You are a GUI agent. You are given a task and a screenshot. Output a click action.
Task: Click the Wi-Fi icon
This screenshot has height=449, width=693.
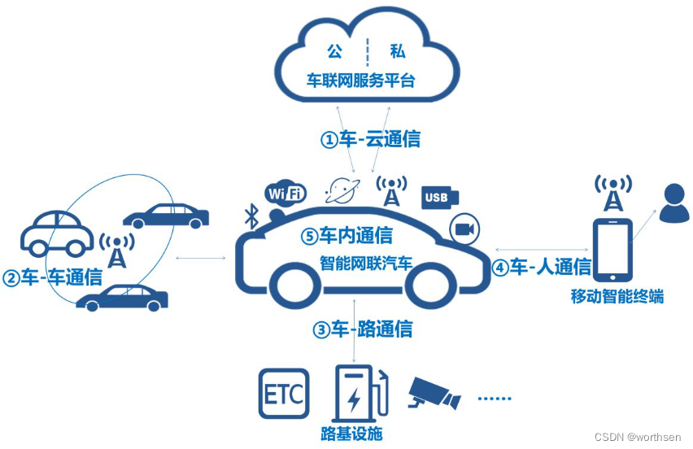(x=285, y=194)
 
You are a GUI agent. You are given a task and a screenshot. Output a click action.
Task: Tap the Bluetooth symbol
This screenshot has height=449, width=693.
(x=252, y=216)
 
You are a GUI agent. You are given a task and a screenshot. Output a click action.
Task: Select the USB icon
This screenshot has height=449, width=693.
(x=439, y=198)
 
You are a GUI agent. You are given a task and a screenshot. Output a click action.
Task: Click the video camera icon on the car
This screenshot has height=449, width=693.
(x=464, y=229)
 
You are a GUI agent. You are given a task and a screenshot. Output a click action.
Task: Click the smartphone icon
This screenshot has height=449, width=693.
(x=612, y=250)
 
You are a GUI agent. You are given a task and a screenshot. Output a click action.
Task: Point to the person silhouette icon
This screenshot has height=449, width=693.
(x=673, y=203)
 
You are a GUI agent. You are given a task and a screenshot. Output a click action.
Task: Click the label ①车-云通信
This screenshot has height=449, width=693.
(x=370, y=139)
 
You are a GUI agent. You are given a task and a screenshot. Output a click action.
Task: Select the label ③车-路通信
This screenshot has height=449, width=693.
(x=362, y=329)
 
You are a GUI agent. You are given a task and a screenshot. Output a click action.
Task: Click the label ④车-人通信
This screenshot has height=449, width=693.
(x=541, y=266)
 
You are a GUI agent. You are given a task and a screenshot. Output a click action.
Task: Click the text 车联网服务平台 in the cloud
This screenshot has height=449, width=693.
(x=360, y=81)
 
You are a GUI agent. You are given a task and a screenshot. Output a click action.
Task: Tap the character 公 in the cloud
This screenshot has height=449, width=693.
(x=335, y=52)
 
